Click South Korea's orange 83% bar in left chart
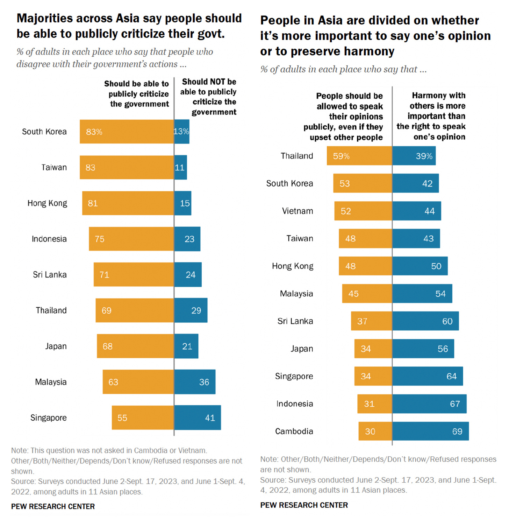click(x=127, y=132)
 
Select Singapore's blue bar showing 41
click(x=198, y=418)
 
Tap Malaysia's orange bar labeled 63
click(x=138, y=382)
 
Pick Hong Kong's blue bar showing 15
click(x=182, y=203)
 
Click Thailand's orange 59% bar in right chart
click(x=359, y=156)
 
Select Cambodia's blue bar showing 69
click(x=430, y=431)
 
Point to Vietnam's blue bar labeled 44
click(x=416, y=211)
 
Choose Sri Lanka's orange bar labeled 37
click(x=371, y=321)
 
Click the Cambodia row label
click(x=294, y=432)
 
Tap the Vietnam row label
click(x=297, y=211)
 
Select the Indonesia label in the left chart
click(x=49, y=239)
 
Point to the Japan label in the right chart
click(x=302, y=349)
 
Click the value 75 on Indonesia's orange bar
click(x=100, y=239)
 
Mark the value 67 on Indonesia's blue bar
click(x=455, y=404)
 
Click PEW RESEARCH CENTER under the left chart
click(x=53, y=506)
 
